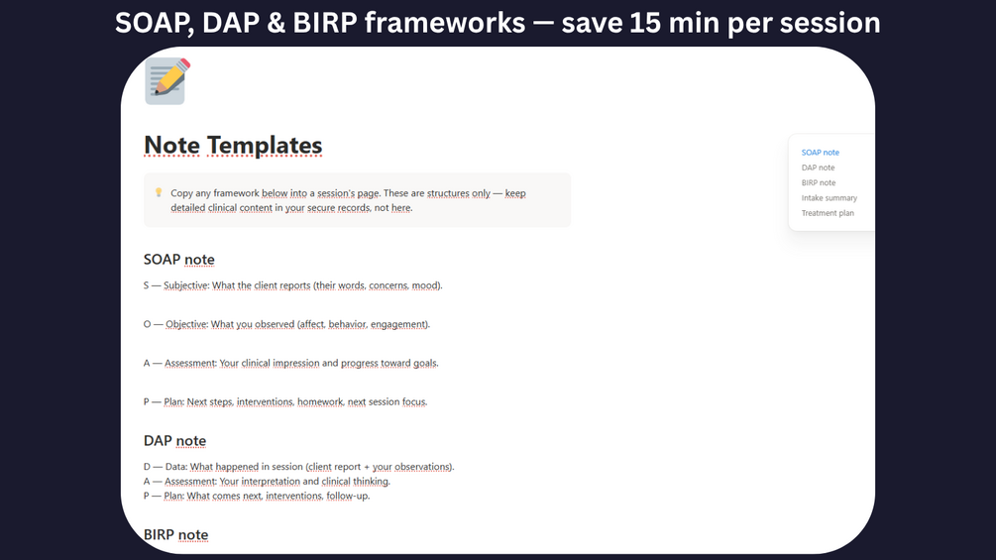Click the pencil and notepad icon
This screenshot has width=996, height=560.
coord(167,81)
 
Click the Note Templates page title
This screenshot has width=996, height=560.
coord(233,146)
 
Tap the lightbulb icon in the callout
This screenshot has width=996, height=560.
coord(159,192)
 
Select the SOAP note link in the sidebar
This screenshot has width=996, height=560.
coord(820,153)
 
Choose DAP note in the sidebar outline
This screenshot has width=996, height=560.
coord(819,168)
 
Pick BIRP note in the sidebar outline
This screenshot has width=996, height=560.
coord(819,182)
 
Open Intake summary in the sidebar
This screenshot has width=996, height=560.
coord(829,198)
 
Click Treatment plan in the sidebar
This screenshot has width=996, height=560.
coord(828,213)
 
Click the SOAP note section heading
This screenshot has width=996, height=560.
coord(179,260)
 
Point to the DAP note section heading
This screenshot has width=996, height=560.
coord(174,441)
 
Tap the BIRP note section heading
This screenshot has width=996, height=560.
coord(176,534)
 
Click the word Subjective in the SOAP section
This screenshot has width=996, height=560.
coord(186,285)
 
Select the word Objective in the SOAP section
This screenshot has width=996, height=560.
coord(186,324)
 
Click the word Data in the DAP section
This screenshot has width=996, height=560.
coord(175,467)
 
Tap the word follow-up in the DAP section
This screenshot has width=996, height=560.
coord(348,496)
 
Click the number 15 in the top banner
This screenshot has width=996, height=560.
coord(645,23)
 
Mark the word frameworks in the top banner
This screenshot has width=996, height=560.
coord(445,23)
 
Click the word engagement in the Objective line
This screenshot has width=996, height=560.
coord(399,324)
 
